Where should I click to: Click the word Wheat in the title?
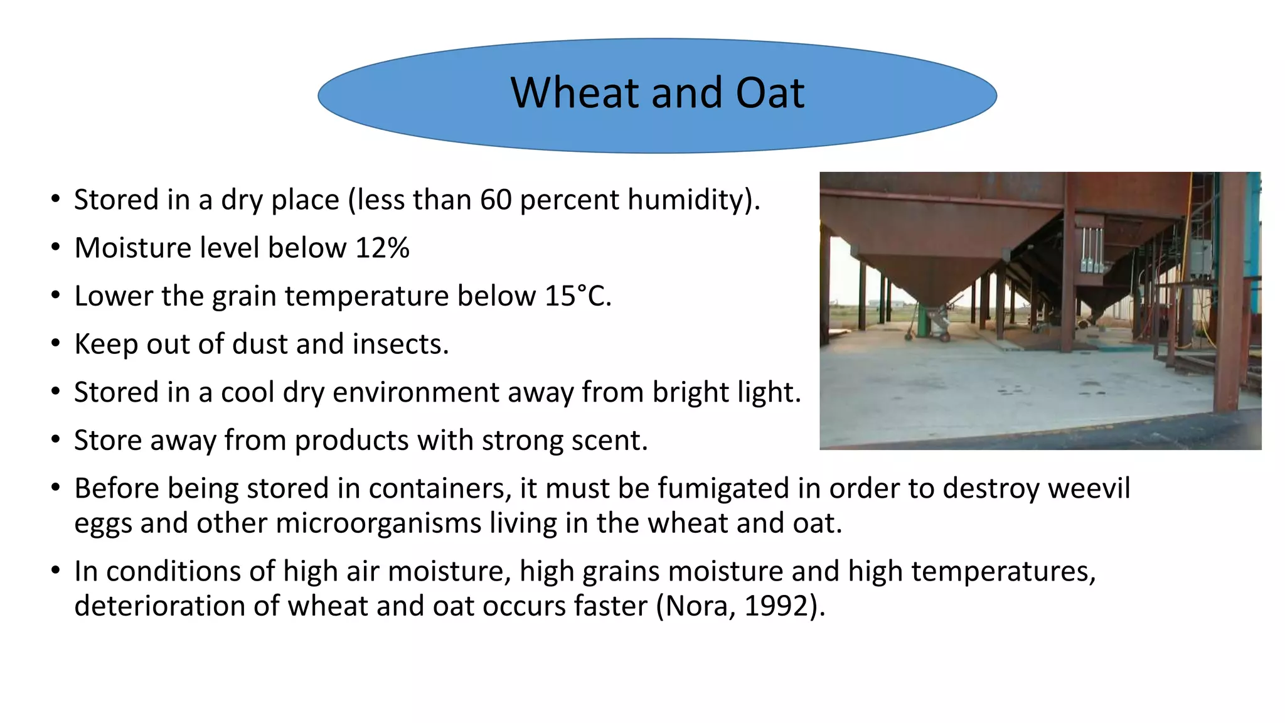click(576, 94)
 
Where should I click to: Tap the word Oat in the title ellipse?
click(770, 94)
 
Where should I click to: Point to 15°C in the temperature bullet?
click(577, 296)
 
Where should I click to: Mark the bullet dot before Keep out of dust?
click(56, 344)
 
